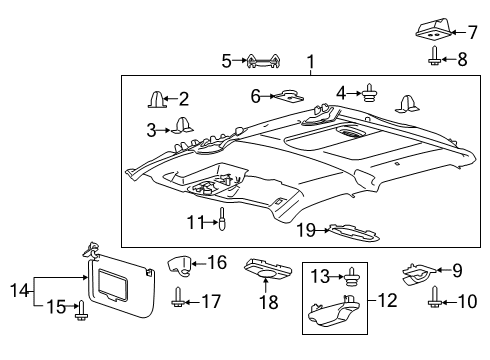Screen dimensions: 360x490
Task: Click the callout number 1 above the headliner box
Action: point(311,62)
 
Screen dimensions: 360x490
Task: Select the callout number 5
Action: point(226,61)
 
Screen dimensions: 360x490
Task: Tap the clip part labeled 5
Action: point(262,62)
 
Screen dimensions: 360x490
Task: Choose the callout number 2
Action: point(183,98)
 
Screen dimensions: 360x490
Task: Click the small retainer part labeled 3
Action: point(182,125)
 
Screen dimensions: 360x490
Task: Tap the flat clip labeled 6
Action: point(289,96)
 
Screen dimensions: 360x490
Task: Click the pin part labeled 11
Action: point(222,220)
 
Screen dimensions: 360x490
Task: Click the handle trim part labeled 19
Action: point(354,233)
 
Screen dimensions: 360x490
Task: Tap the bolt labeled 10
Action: point(437,298)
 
